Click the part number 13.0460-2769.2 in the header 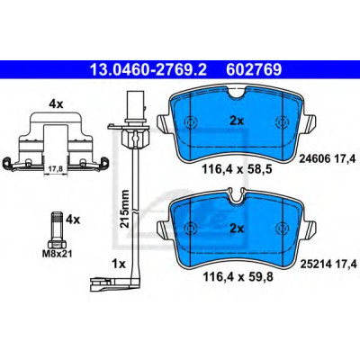148,70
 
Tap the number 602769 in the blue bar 254,70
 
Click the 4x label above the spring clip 56,104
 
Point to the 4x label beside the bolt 73,220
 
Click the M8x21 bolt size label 57,255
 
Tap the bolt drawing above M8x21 57,229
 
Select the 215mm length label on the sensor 124,209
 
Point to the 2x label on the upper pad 237,121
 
